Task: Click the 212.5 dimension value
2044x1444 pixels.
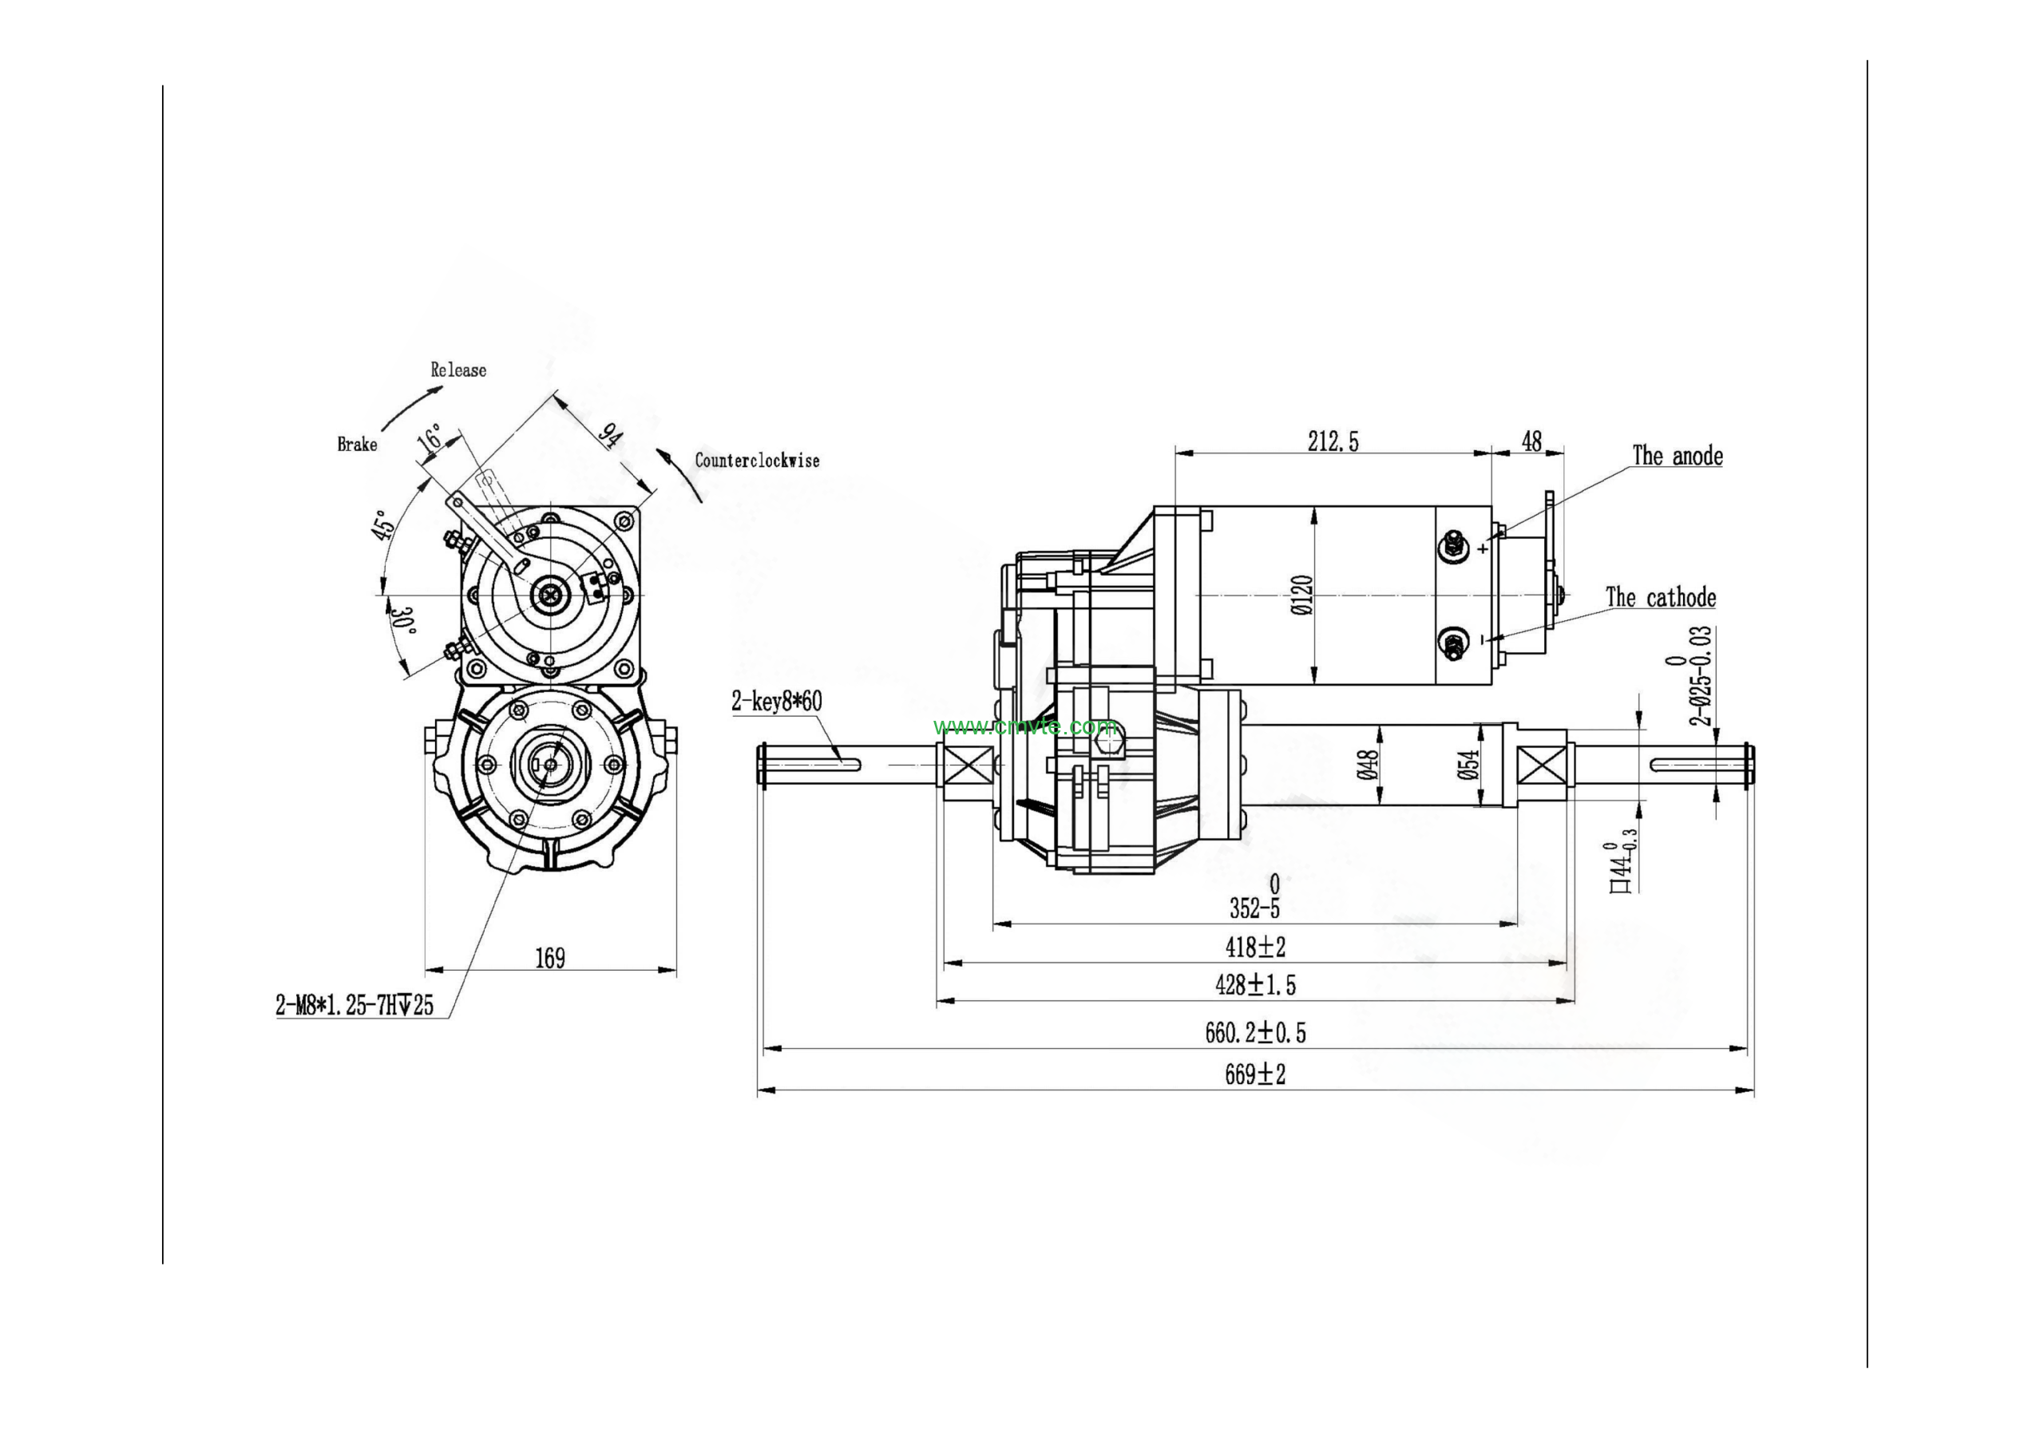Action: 1333,441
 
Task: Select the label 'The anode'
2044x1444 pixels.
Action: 1677,456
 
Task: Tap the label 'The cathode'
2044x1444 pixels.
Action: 1660,597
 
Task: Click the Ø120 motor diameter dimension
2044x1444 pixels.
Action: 1301,595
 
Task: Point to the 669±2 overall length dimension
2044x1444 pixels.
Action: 1254,1074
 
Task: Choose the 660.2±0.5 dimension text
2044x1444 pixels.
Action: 1255,1033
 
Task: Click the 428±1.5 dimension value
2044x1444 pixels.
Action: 1255,985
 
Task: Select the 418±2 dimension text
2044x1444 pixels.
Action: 1255,947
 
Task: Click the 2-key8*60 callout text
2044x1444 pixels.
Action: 776,702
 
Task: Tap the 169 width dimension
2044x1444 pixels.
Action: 549,958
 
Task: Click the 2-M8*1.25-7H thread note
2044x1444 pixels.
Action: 355,1005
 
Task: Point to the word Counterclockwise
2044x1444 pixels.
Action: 757,461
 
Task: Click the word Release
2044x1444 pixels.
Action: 458,370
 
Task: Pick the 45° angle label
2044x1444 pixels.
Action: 382,524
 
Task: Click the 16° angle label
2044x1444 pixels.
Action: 430,437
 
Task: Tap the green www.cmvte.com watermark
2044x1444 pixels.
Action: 1024,726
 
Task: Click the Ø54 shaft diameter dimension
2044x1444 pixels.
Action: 1469,764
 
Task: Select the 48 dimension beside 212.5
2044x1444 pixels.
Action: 1531,441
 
